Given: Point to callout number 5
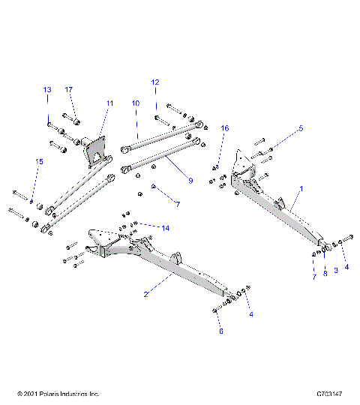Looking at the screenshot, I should tap(300, 128).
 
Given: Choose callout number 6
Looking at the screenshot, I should tap(220, 330).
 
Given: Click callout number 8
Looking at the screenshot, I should tap(325, 274).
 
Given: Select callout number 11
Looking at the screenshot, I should tap(109, 102).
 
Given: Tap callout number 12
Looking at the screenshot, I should tap(155, 82).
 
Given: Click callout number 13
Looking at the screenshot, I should tap(47, 90).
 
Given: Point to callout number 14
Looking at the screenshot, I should tap(165, 227).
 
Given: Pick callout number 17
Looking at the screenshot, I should tap(68, 90).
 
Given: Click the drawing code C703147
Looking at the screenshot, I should tap(330, 394).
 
